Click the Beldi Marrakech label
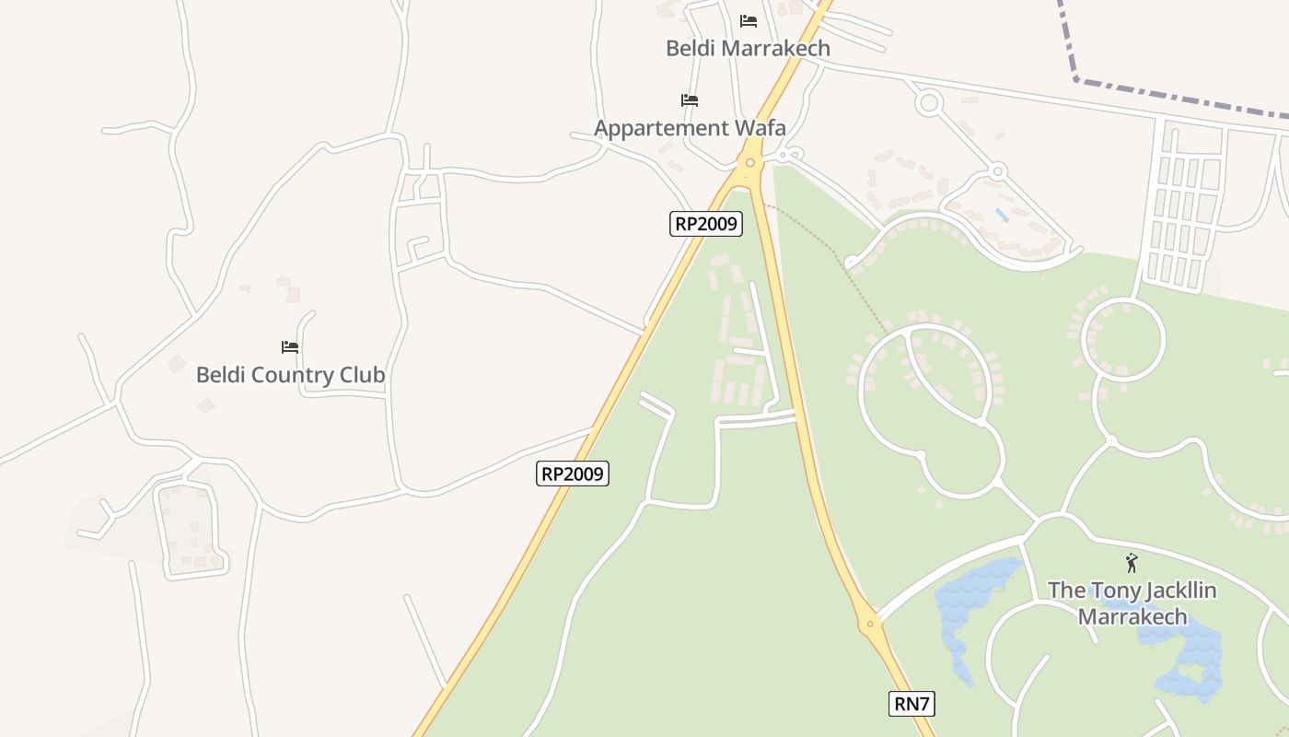click(x=748, y=48)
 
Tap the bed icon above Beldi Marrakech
click(x=749, y=20)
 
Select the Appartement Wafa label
click(x=690, y=127)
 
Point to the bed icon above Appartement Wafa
click(x=690, y=99)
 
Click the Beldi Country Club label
click(x=290, y=375)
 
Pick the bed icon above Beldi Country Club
click(x=290, y=347)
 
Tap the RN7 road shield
click(x=912, y=704)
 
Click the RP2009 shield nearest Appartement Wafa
click(x=705, y=223)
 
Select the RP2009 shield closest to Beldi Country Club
click(x=573, y=474)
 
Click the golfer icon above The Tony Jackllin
click(x=1132, y=563)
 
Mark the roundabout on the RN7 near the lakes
click(x=868, y=625)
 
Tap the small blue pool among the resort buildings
click(x=1002, y=215)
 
